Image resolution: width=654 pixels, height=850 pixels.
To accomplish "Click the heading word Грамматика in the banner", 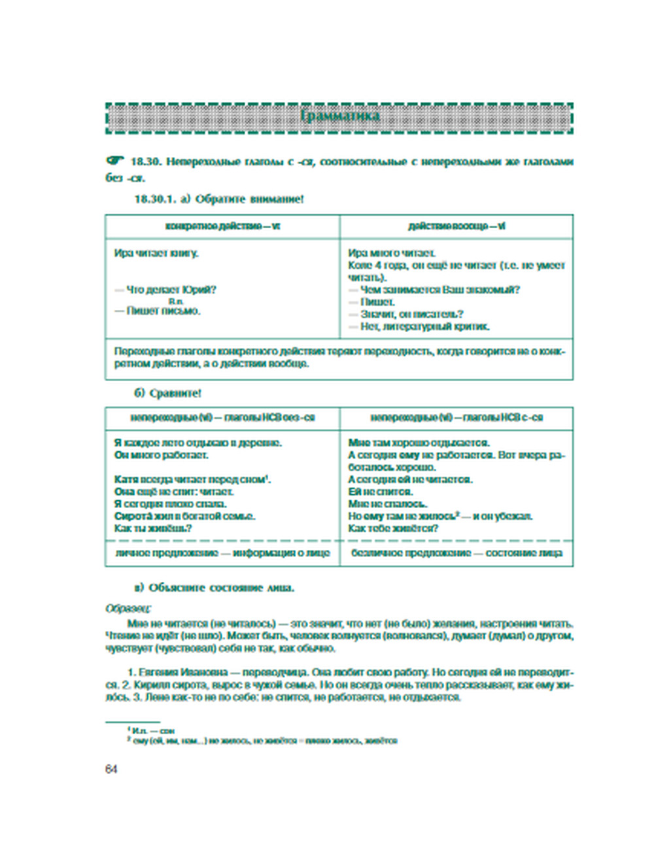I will [x=340, y=116].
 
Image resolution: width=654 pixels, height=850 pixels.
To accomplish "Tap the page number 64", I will [x=111, y=769].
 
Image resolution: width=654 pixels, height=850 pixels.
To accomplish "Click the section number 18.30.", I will [x=145, y=161].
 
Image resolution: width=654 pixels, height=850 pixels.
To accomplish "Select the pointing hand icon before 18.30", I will [x=114, y=161].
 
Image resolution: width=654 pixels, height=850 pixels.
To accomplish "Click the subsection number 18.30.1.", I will [x=156, y=199].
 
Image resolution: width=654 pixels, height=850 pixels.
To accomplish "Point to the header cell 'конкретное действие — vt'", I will [x=222, y=226].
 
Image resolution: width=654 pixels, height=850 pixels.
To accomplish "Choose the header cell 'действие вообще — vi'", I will [x=456, y=226].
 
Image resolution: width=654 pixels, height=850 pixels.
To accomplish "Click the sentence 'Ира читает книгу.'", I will [x=156, y=253].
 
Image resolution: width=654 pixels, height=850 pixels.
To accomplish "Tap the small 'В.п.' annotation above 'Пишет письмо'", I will [x=176, y=301].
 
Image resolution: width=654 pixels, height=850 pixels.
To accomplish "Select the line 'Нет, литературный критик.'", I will [x=424, y=326].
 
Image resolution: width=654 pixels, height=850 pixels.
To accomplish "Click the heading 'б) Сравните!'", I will [x=167, y=393].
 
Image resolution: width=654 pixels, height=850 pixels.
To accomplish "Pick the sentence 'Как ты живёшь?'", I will [x=153, y=528].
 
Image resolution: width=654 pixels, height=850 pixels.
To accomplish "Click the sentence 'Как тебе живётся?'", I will [x=393, y=528].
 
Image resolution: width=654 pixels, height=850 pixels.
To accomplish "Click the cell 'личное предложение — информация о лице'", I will [x=222, y=553].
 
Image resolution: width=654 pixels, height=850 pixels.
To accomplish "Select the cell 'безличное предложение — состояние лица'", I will [x=456, y=553].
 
